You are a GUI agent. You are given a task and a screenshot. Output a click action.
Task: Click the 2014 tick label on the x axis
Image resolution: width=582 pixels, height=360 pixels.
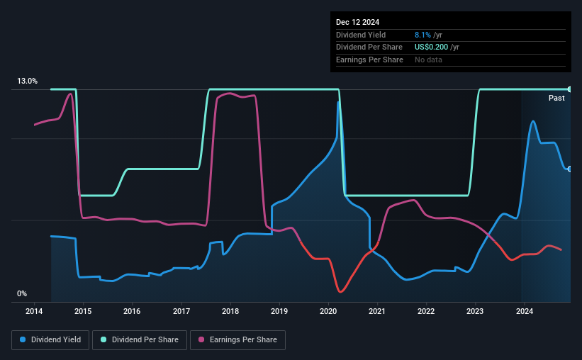[x=34, y=311]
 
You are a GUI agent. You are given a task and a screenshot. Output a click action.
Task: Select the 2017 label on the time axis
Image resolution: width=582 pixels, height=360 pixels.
[x=181, y=311]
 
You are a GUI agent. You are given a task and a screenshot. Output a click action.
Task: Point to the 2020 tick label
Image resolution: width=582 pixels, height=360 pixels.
[x=328, y=311]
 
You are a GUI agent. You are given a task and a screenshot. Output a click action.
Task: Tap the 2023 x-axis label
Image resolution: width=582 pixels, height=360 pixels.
[x=475, y=311]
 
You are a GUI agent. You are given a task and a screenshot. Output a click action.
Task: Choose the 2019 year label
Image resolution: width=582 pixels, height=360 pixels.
[x=279, y=311]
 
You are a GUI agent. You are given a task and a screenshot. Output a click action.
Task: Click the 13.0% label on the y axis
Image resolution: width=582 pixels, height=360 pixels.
[x=27, y=81]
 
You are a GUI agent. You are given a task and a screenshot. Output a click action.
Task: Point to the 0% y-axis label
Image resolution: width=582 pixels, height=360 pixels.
[x=22, y=293]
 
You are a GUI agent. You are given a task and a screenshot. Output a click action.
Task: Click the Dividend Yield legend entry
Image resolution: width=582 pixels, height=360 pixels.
[x=50, y=340]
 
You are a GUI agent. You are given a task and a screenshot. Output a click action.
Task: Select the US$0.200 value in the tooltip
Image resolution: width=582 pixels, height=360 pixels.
[x=431, y=47]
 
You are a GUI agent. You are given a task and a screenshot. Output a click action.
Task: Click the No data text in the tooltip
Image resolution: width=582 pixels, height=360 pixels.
[x=430, y=60]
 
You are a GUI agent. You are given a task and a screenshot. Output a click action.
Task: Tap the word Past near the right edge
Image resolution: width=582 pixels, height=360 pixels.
[x=556, y=99]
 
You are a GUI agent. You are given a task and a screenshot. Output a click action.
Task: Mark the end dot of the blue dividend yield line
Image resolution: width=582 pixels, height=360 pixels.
[x=569, y=169]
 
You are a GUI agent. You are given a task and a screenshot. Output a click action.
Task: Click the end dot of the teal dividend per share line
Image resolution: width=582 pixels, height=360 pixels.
[x=569, y=89]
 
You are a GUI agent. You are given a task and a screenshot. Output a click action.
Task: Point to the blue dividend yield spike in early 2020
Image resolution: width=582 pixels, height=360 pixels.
[x=339, y=102]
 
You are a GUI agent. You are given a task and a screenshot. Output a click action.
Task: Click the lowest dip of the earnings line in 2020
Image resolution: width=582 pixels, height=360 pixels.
[x=341, y=291]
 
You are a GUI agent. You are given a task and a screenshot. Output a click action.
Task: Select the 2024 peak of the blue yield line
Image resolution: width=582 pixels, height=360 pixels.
[x=532, y=121]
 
